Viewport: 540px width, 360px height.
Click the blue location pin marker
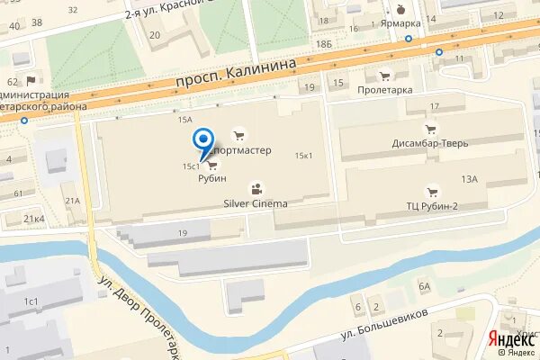coord(204,139)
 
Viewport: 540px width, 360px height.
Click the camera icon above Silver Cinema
coord(256,189)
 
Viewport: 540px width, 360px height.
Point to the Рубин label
coord(211,178)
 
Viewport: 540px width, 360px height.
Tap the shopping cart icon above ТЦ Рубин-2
coord(433,190)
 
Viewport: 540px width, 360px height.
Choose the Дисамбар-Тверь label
coord(431,141)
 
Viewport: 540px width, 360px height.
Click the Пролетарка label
coord(384,90)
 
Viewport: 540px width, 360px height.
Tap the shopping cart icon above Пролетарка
coord(384,76)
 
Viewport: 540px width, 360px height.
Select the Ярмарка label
coord(401,24)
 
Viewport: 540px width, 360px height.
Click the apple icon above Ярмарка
coord(401,9)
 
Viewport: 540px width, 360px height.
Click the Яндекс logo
coord(509,339)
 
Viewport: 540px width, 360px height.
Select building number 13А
coord(469,179)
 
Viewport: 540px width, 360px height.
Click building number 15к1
coord(303,156)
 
